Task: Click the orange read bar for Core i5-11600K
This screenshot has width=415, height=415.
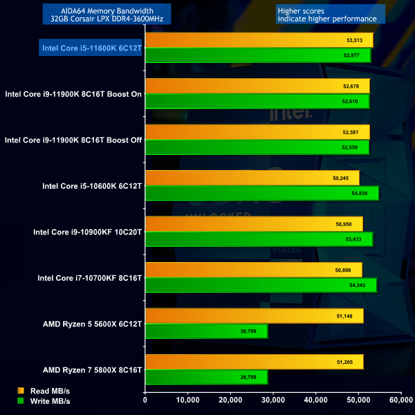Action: click(259, 40)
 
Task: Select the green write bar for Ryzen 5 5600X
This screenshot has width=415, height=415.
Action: click(206, 332)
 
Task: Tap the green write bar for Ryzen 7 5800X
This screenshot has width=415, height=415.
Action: click(206, 377)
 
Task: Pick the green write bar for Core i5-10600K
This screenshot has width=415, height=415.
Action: click(261, 194)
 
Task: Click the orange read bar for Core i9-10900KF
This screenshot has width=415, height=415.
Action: click(254, 224)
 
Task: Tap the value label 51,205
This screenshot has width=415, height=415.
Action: click(345, 362)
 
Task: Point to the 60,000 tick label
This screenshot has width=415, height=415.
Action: click(400, 399)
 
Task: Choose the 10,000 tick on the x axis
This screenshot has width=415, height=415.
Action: click(187, 399)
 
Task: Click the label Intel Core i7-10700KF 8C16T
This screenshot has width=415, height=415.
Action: click(89, 277)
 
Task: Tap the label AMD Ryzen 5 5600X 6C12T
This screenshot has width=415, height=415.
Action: click(92, 323)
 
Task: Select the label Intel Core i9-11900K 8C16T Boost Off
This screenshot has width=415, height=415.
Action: click(73, 140)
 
